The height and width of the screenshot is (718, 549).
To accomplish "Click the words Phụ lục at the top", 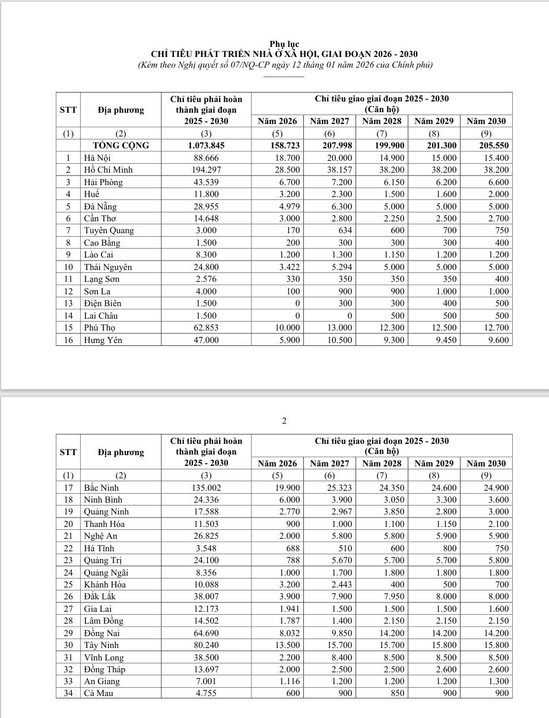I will tap(284, 45).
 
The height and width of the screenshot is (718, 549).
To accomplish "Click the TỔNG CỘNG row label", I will tap(121, 145).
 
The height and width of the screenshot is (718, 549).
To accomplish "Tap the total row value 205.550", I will tap(494, 145).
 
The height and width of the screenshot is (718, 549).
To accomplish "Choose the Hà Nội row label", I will tap(97, 158).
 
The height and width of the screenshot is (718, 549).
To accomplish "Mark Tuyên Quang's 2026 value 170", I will tap(293, 230).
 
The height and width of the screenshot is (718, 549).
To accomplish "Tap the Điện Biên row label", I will tap(102, 303).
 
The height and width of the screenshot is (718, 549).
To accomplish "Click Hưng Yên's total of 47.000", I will tap(206, 340).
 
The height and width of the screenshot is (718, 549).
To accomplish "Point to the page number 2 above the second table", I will tap(284, 421).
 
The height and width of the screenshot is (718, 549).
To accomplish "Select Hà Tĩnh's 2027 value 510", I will tap(344, 548).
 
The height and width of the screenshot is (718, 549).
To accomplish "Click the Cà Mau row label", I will tap(98, 693).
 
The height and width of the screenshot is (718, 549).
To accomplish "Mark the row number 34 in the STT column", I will tap(68, 693).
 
